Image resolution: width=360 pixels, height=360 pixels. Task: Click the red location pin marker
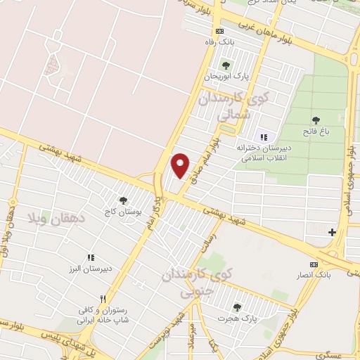pos(181,165)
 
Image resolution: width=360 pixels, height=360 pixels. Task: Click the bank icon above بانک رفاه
pos(220,32)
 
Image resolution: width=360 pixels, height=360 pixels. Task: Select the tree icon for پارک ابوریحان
pos(226,65)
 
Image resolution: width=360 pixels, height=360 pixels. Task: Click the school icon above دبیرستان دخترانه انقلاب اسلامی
pos(264,137)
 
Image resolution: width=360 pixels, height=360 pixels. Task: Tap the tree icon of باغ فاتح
pos(314,121)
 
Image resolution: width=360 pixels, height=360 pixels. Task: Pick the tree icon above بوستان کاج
pos(124,200)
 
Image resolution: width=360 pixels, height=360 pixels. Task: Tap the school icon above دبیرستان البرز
pos(91,259)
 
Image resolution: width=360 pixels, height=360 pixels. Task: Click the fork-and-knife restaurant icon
pos(103,298)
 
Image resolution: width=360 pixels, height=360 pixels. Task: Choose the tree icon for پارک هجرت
pos(236,307)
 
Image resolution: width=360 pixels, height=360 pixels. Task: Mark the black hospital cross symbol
pos(332,231)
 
